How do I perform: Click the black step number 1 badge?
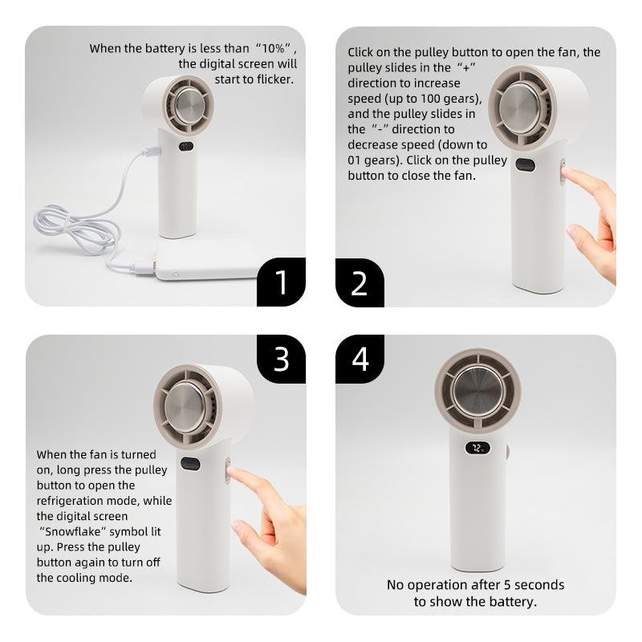point(282,282)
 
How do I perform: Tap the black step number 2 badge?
point(360,282)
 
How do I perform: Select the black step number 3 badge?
point(282,359)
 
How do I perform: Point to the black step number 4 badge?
point(360,359)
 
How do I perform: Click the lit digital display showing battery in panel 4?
point(477,448)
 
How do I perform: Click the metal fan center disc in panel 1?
point(190,105)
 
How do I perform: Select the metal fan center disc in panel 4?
point(477,391)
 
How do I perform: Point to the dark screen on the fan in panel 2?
point(526,165)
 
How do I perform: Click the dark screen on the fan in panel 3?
point(190,464)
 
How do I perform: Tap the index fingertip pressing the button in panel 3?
point(232,471)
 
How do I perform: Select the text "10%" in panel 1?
point(273,48)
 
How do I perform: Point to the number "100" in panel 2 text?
point(425,99)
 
